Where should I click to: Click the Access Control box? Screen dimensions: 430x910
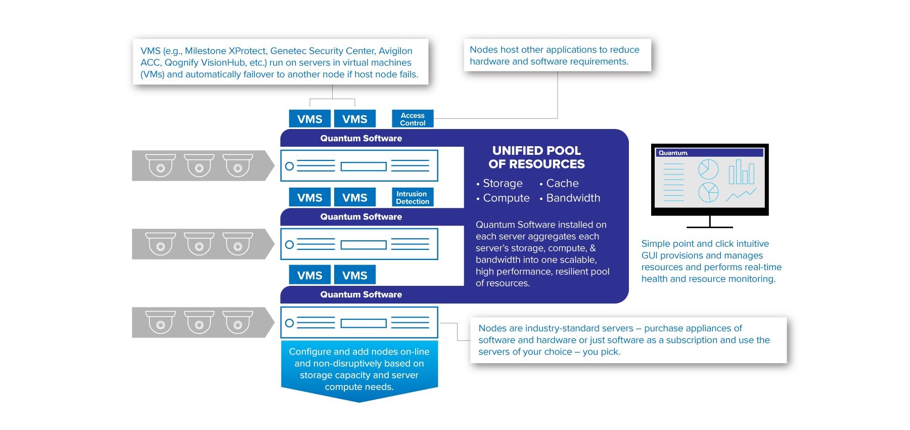[413, 119]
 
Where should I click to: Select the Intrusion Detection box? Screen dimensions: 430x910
[413, 197]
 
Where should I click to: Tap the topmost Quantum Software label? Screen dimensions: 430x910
[361, 138]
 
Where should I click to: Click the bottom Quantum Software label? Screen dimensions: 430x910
[361, 294]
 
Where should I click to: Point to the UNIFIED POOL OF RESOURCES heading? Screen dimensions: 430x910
[536, 157]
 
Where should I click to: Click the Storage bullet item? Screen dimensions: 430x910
[503, 183]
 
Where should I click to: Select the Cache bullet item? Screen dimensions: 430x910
[562, 183]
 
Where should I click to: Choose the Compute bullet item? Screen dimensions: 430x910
[506, 198]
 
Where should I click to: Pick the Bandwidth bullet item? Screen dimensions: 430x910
[573, 198]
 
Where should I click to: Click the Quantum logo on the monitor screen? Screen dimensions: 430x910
[673, 153]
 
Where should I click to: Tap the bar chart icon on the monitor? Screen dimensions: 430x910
[741, 173]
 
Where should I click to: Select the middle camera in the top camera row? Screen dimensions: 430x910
[199, 165]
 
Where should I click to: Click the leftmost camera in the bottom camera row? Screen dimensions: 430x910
[160, 322]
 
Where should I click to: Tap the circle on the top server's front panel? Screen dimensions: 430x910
[289, 166]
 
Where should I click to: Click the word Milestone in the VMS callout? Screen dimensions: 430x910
[205, 51]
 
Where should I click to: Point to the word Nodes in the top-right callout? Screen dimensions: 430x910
[483, 50]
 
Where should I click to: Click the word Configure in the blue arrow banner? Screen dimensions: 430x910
[308, 352]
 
